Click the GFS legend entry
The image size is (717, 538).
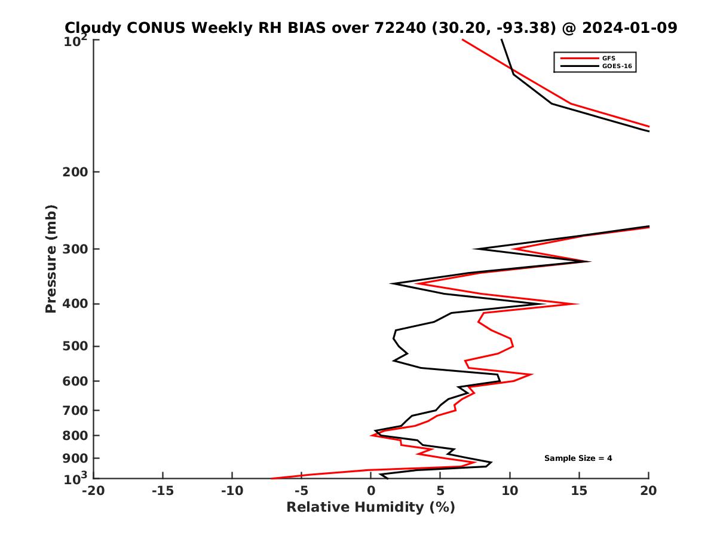tap(609, 58)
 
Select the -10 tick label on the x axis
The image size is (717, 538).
tap(232, 491)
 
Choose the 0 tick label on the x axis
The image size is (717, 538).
tap(371, 491)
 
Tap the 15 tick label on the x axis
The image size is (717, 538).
tap(579, 491)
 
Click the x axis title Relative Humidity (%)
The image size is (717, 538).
tap(370, 508)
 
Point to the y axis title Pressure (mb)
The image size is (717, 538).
tap(51, 258)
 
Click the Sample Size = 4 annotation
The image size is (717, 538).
tap(578, 458)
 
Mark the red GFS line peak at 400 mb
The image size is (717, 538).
tap(577, 304)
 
